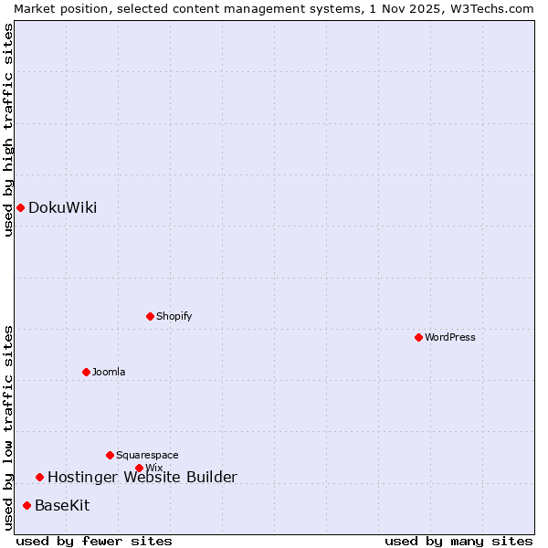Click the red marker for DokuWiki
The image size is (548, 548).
coord(20,207)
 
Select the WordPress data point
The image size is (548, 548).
coord(418,337)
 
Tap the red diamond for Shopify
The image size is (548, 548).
coord(150,316)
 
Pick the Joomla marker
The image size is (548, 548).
coord(86,372)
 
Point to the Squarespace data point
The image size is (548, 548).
coord(110,455)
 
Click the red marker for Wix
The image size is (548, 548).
coord(139,468)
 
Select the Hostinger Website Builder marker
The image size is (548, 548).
coord(39,477)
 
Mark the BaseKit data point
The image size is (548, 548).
coord(26,505)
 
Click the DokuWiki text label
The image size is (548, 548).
coord(62,207)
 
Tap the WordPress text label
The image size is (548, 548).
coord(450,337)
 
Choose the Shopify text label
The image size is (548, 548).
coord(174,316)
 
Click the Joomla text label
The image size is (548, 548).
coord(109,372)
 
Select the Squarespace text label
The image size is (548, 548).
coord(147,455)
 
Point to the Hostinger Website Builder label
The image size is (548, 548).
coord(142,477)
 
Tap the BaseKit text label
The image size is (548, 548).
coord(62,505)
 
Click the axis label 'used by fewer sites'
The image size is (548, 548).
coord(94,541)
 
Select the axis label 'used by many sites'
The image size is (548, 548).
coord(458,541)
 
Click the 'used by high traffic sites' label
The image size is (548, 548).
coord(8,130)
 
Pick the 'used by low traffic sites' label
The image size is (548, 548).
coord(8,427)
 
